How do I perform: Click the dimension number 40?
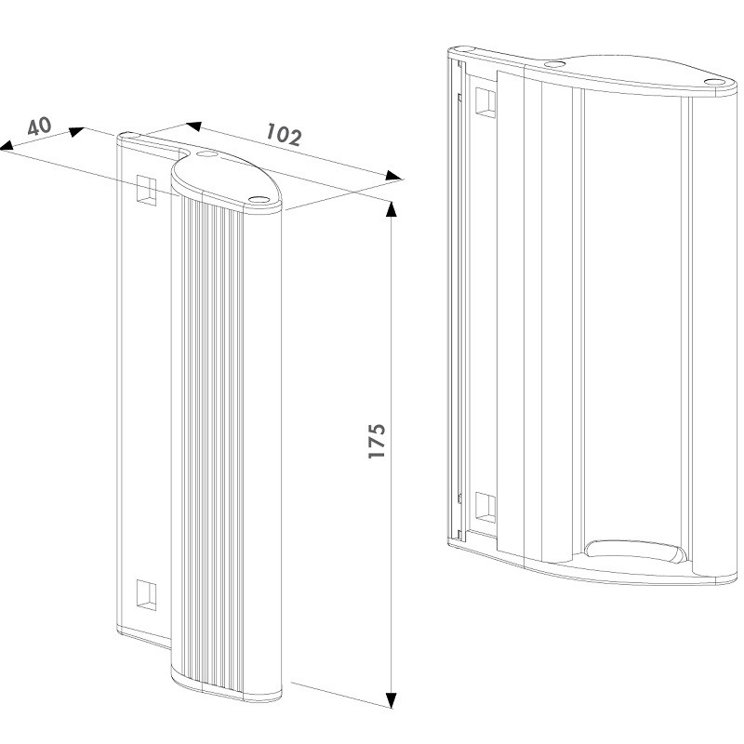click(39, 126)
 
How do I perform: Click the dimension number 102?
click(284, 134)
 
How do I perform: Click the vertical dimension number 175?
click(378, 441)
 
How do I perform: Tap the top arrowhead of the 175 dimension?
click(391, 208)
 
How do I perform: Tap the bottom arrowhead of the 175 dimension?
click(391, 700)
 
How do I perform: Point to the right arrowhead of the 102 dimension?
click(393, 176)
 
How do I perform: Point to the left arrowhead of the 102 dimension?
click(193, 126)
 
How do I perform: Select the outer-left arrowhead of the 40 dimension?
click(7, 145)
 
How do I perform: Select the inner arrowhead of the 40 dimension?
click(77, 131)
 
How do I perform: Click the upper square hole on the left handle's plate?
click(147, 190)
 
